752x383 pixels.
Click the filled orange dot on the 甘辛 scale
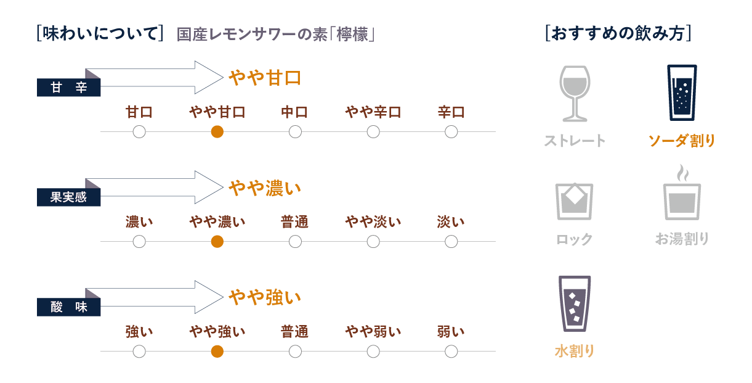pyautogui.click(x=217, y=132)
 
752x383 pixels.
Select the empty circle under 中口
pyautogui.click(x=295, y=132)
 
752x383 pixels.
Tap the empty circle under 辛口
pyautogui.click(x=451, y=132)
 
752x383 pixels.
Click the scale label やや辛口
pyautogui.click(x=373, y=112)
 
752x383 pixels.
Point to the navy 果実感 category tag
pyautogui.click(x=68, y=197)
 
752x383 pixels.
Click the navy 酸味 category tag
pyautogui.click(x=68, y=307)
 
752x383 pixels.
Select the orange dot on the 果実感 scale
pyautogui.click(x=217, y=241)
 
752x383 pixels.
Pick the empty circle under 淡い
pyautogui.click(x=451, y=241)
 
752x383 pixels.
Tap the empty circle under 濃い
pyautogui.click(x=139, y=241)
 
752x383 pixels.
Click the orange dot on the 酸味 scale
pyautogui.click(x=217, y=352)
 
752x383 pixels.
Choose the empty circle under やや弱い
pyautogui.click(x=373, y=352)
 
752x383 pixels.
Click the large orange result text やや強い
pyautogui.click(x=265, y=297)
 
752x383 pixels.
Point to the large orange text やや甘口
pyautogui.click(x=265, y=78)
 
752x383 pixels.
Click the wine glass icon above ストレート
pyautogui.click(x=575, y=94)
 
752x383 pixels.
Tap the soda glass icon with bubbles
pyautogui.click(x=682, y=93)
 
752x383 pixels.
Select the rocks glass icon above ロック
pyautogui.click(x=575, y=202)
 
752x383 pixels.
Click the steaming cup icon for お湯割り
pyautogui.click(x=682, y=192)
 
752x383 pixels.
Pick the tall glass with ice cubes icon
pyautogui.click(x=575, y=303)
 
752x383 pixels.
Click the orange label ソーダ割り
pyautogui.click(x=682, y=141)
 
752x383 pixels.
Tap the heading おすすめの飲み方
pyautogui.click(x=618, y=33)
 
